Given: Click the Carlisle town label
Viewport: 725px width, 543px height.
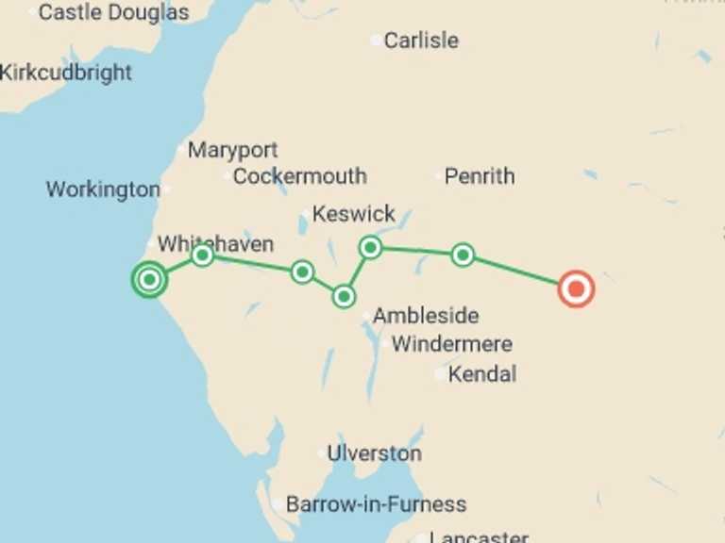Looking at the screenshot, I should [x=420, y=41].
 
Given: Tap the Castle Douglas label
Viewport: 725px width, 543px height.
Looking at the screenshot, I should [x=113, y=12].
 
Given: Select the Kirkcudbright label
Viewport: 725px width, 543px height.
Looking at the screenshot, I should [x=66, y=73].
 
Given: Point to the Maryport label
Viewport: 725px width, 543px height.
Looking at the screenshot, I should [x=232, y=150].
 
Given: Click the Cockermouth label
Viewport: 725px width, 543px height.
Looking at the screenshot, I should [x=299, y=176].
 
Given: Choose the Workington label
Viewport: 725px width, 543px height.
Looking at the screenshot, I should [x=103, y=189].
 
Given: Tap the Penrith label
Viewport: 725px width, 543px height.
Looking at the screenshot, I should [x=480, y=176].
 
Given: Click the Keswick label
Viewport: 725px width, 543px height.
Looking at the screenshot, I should [x=354, y=214].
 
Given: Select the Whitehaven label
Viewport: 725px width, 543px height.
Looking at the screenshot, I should [x=215, y=244].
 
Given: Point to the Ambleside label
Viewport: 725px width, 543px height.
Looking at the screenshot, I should [x=426, y=316].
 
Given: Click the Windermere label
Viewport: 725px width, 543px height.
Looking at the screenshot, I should [x=452, y=344].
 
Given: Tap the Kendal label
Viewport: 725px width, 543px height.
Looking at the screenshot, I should [x=482, y=374].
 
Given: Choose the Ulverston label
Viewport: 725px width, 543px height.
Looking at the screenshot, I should [x=374, y=453].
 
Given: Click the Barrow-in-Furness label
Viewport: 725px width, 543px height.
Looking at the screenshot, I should [x=376, y=504].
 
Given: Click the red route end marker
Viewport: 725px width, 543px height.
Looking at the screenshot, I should [x=575, y=288].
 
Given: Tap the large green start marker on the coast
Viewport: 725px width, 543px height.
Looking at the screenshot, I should [x=148, y=279].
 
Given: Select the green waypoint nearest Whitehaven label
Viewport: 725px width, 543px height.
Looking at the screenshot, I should [x=202, y=255].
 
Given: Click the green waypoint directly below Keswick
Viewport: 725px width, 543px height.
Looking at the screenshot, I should [x=370, y=247].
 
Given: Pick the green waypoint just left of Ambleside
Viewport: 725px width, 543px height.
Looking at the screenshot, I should [x=344, y=297].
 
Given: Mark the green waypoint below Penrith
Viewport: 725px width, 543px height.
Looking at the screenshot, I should [x=462, y=255].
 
